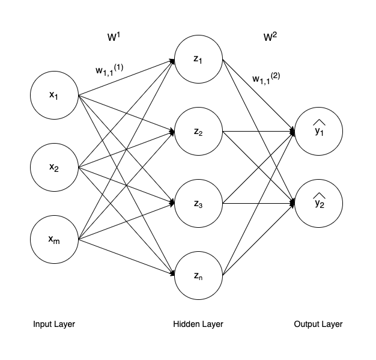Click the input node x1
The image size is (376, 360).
[55, 95]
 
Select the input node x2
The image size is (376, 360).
[55, 167]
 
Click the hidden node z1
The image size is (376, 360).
[198, 59]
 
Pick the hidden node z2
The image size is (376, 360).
[198, 131]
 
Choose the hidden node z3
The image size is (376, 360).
[198, 203]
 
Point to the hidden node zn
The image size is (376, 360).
[198, 275]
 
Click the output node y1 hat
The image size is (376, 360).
[318, 131]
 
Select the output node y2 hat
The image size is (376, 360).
[318, 203]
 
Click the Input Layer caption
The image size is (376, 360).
[54, 324]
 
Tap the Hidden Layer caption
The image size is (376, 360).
[198, 324]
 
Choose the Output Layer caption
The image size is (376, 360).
[318, 324]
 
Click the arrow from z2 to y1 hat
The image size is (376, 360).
[258, 131]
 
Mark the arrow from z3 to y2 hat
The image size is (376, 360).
[258, 203]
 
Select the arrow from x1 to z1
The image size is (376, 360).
[126, 77]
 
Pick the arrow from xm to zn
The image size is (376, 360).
[126, 257]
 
